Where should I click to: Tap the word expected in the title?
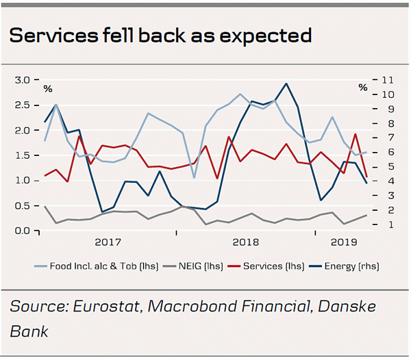(x=269, y=36)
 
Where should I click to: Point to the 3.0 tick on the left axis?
(x=22, y=80)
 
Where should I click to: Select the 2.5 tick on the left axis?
(x=22, y=105)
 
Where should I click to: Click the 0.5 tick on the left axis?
(x=22, y=205)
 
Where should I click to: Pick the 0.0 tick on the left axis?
(x=22, y=231)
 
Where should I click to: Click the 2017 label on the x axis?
(x=108, y=242)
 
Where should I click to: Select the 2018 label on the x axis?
(x=245, y=242)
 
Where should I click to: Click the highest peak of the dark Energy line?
(x=285, y=83)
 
